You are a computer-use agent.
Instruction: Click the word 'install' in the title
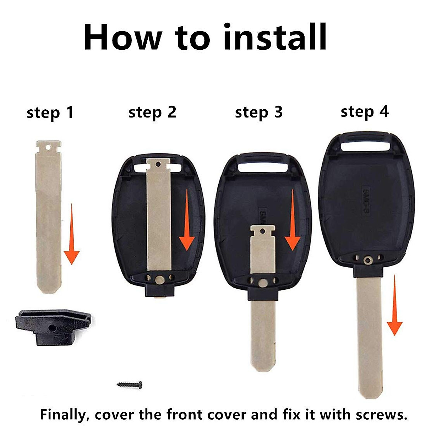pyautogui.click(x=275, y=37)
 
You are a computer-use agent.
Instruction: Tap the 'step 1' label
pyautogui.click(x=50, y=113)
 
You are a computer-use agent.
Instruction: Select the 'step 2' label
pyautogui.click(x=152, y=112)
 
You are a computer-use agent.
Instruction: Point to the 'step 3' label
pyautogui.click(x=258, y=112)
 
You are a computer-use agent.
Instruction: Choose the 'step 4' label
pyautogui.click(x=365, y=111)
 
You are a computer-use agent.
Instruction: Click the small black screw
pyautogui.click(x=130, y=384)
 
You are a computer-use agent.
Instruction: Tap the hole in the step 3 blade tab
pyautogui.click(x=263, y=231)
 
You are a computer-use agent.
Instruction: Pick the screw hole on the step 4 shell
pyautogui.click(x=367, y=261)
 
